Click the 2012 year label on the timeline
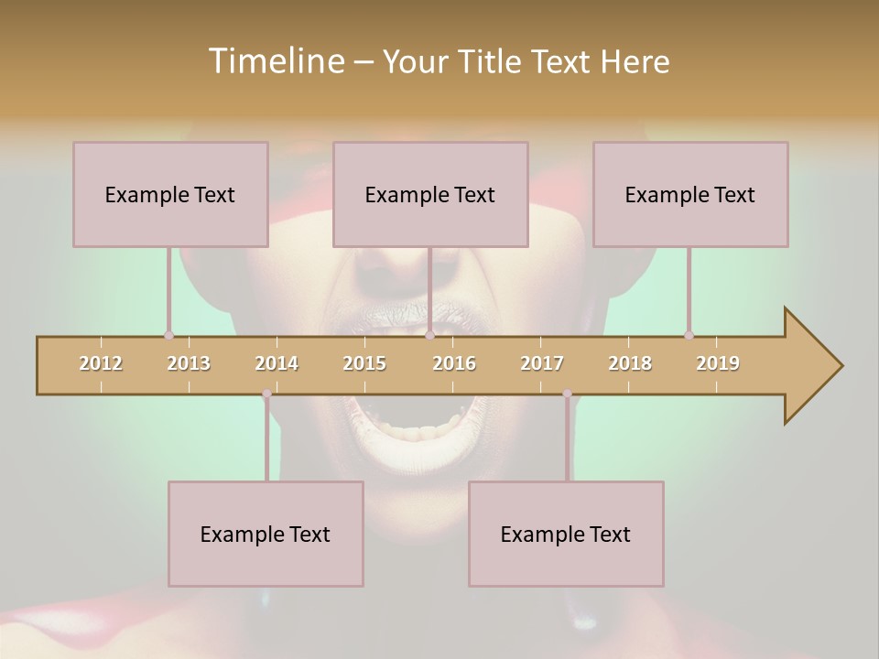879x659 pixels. click(101, 363)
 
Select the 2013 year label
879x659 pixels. click(189, 363)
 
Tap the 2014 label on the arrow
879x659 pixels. click(277, 363)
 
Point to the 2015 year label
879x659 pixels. click(364, 363)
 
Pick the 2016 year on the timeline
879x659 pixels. click(454, 363)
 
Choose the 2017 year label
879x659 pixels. click(542, 363)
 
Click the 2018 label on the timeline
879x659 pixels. click(630, 363)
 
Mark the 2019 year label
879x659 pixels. click(718, 363)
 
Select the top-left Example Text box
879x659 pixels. click(170, 194)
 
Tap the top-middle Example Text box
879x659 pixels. click(430, 194)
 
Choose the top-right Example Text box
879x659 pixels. click(690, 194)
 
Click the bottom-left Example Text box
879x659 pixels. click(266, 534)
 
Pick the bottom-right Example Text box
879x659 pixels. click(566, 534)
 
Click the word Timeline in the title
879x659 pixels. click(275, 61)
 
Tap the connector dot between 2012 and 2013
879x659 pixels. click(168, 335)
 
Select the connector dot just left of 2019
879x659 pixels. click(689, 335)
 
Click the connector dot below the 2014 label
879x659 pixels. click(266, 394)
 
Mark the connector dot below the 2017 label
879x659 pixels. click(567, 394)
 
